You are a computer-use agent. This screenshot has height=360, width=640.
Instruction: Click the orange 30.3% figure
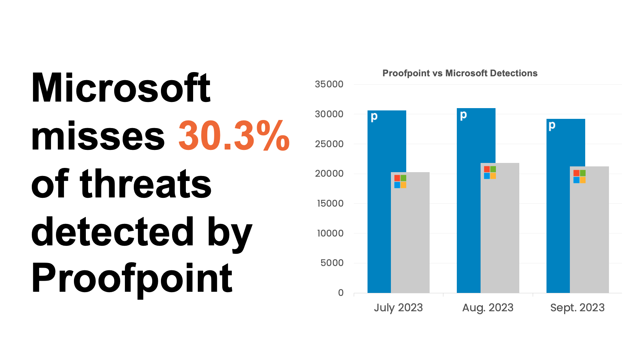(234, 136)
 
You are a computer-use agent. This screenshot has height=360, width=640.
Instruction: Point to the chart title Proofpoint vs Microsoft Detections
(460, 73)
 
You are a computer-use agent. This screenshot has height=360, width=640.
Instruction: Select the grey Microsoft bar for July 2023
(410, 238)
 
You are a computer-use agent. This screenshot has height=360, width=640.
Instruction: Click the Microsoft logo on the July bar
(400, 181)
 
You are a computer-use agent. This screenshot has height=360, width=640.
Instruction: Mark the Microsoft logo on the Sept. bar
(579, 176)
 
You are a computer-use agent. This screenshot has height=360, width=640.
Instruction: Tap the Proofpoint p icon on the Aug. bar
(463, 115)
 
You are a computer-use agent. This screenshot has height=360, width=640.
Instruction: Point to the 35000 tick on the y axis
(329, 84)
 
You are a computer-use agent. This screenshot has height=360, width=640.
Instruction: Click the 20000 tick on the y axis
(329, 174)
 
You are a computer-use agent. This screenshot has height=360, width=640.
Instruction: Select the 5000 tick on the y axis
(332, 263)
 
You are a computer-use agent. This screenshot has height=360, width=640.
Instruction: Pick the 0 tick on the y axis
(341, 293)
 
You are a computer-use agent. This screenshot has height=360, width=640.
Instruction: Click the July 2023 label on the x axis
(398, 308)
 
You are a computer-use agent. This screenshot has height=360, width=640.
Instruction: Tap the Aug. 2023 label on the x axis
(488, 308)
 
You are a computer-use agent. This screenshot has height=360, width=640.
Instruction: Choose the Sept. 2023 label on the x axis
(577, 308)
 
